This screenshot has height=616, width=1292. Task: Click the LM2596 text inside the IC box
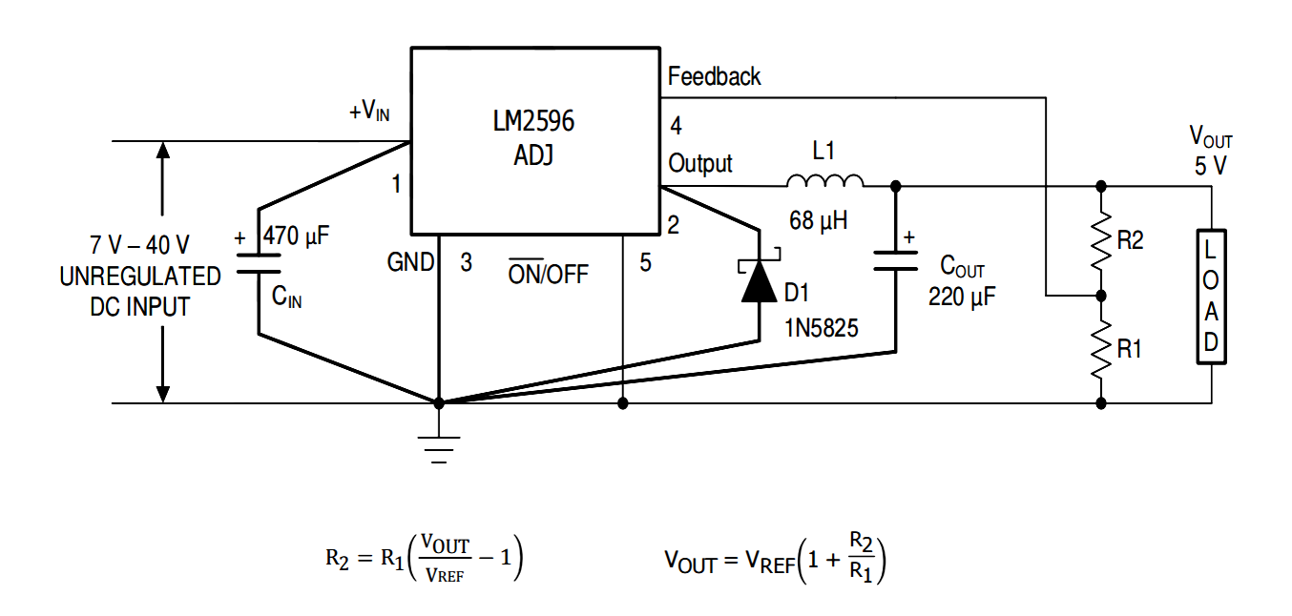532,122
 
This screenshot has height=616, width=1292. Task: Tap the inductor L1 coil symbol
824,181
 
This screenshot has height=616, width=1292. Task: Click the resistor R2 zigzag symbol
1101,240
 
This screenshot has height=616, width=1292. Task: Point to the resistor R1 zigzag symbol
1101,349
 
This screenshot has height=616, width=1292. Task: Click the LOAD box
1211,297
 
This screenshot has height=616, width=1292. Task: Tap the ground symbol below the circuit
439,446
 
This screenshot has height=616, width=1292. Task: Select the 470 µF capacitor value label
296,236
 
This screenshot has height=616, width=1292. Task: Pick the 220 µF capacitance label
962,297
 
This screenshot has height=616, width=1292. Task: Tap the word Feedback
714,76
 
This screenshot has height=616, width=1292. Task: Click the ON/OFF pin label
548,274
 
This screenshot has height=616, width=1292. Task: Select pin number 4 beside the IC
676,126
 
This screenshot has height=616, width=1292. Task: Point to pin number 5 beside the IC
646,263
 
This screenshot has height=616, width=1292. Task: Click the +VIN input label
369,112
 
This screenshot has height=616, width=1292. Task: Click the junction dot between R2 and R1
1101,296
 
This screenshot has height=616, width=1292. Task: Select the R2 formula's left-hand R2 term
338,561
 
